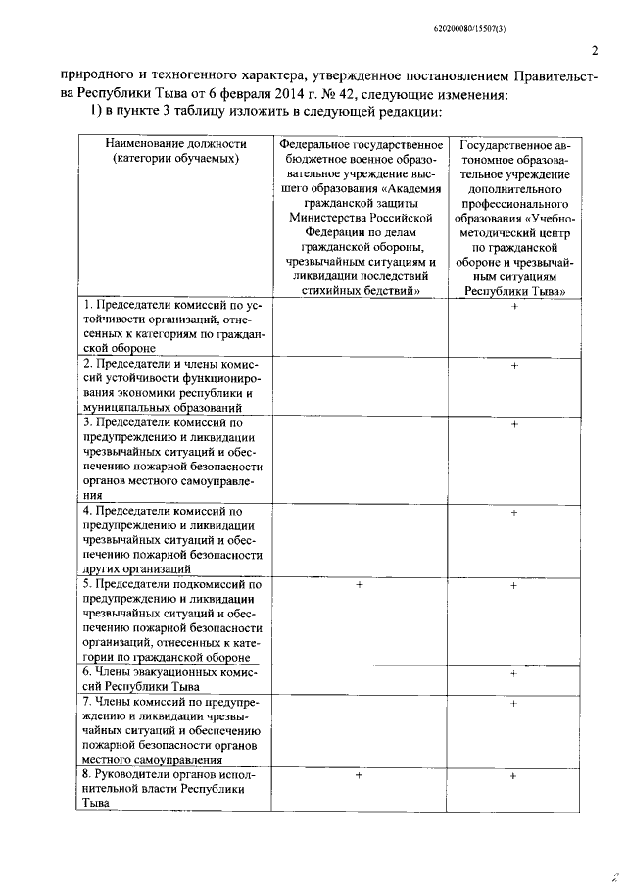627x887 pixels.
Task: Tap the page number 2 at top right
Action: coord(595,51)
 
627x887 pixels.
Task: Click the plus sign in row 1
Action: coord(513,308)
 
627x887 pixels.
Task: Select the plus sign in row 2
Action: coord(513,366)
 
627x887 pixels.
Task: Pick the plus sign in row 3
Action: coord(513,423)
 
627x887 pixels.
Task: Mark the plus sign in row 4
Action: coord(513,512)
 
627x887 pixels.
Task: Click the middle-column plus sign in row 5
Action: coord(360,585)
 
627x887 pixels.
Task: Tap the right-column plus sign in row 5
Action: coord(513,585)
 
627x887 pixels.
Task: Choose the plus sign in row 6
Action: coord(513,673)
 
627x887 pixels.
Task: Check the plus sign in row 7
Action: coord(513,703)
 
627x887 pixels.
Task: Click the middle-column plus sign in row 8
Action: coord(360,775)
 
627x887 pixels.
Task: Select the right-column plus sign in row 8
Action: coord(513,775)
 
